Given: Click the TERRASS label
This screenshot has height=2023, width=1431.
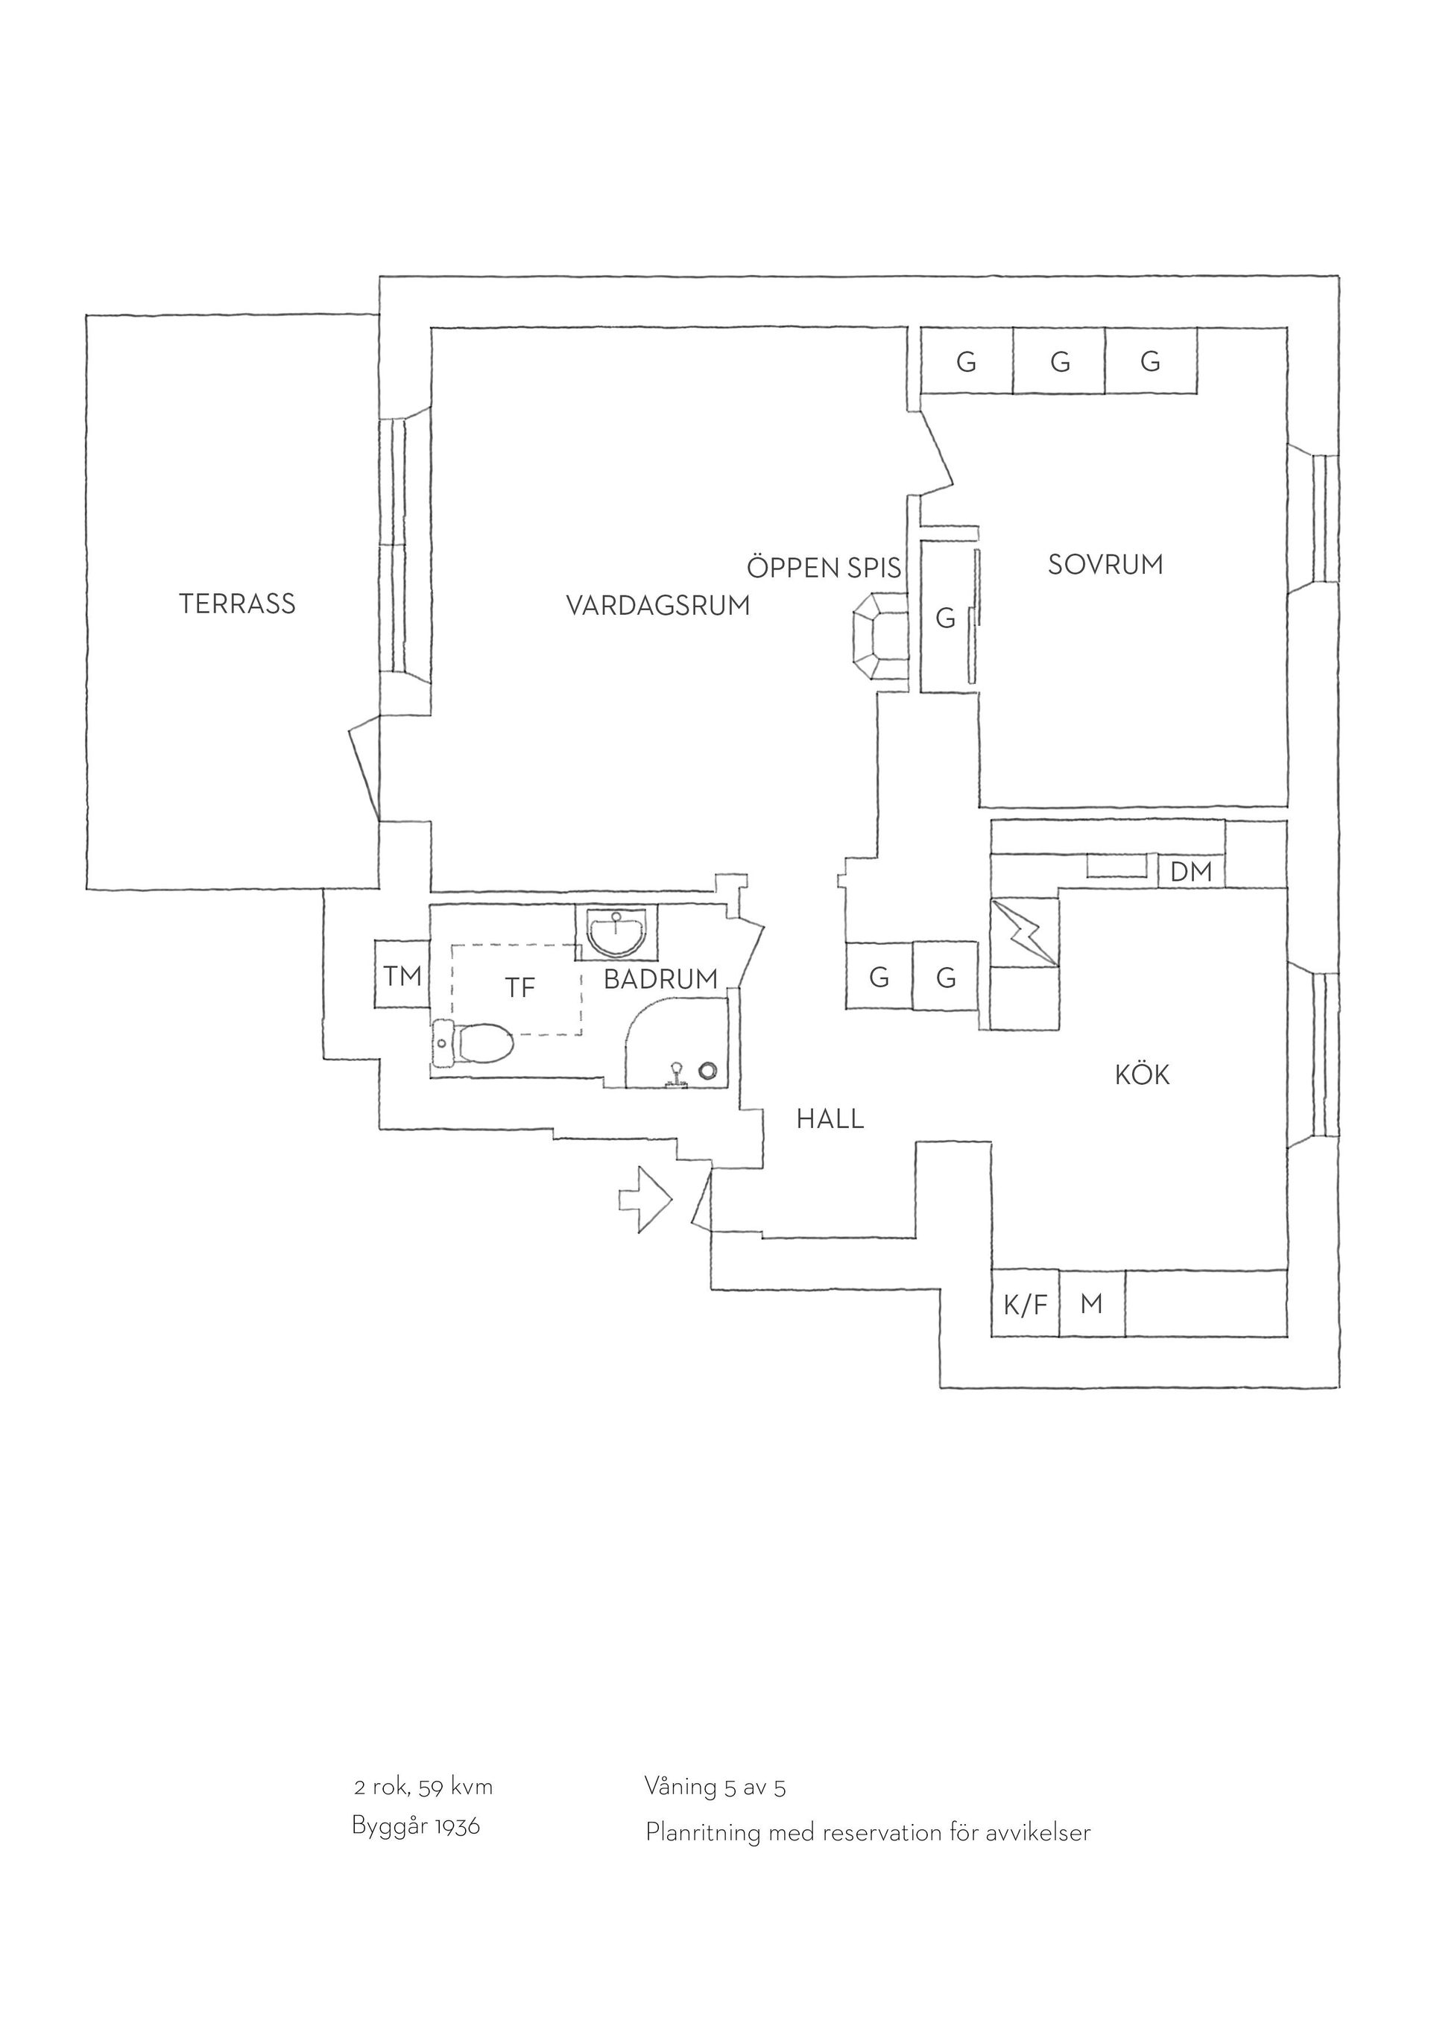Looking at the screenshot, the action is [237, 604].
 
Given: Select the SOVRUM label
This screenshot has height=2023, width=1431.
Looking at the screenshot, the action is [1105, 564].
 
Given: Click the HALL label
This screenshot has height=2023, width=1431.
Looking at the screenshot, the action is [830, 1119].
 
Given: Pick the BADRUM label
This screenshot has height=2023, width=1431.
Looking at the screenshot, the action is [661, 979].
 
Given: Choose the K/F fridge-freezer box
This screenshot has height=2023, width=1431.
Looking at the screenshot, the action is [1025, 1304].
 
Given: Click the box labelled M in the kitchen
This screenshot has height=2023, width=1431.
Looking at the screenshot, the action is [1092, 1304].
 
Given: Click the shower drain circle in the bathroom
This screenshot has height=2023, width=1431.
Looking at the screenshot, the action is [707, 1071].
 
